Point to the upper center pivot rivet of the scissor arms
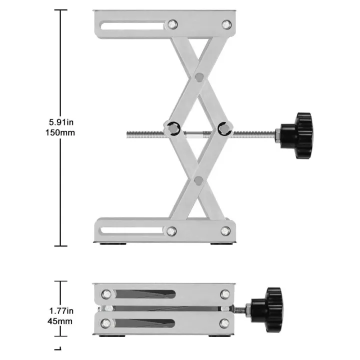coord(199,77)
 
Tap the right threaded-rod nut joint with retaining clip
coord(224,128)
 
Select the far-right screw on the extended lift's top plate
coord(226,24)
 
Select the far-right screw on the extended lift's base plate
coord(225,231)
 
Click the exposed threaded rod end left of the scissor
coord(145,133)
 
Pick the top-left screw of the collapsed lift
coord(106,293)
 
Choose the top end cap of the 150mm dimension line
coord(60,10)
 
